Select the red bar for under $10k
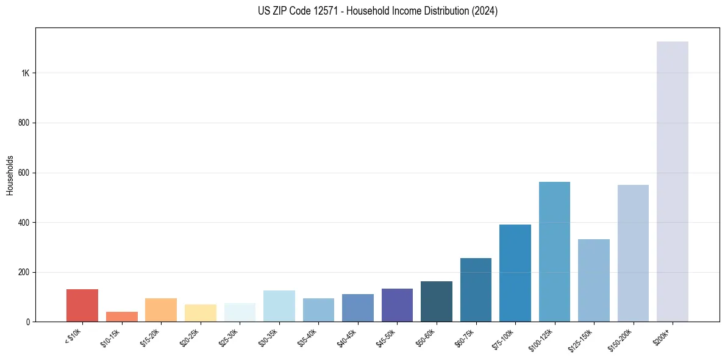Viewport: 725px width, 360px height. coord(82,305)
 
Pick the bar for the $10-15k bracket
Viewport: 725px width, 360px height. coord(122,317)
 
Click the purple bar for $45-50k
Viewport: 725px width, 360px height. coord(397,305)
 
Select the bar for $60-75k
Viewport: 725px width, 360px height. coord(476,290)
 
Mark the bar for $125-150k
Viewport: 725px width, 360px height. coord(594,280)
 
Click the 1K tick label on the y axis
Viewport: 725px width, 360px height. coord(25,73)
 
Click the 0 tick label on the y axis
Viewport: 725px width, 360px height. coord(27,322)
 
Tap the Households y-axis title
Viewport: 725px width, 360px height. coord(10,175)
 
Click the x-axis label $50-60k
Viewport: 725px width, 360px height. coord(426,336)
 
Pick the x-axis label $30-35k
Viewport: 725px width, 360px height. coord(268,336)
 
